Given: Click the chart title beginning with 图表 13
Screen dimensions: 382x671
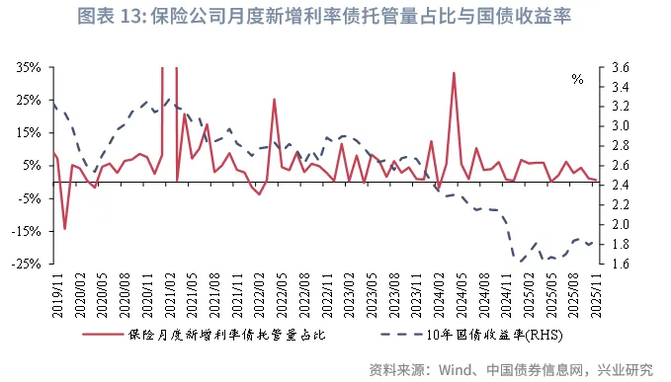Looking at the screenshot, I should tap(335, 18).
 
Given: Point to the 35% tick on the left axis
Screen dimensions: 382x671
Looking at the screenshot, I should tap(28, 67).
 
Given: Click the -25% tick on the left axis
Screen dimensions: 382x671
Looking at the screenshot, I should tap(27, 264).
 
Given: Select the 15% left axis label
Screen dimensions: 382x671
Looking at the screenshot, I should tap(28, 132).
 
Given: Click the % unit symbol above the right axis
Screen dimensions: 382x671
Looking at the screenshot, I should tap(578, 79).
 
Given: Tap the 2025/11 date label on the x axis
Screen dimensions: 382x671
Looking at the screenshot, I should tap(592, 293).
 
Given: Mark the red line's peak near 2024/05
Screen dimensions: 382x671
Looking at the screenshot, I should tap(454, 73).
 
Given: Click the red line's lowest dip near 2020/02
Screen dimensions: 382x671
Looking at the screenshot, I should tap(65, 229).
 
